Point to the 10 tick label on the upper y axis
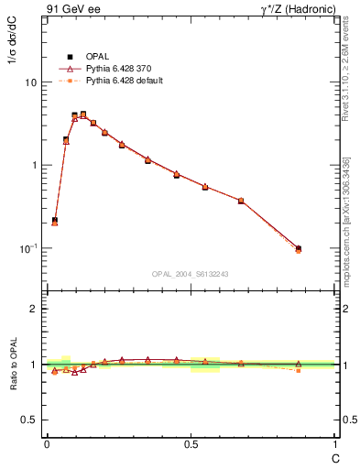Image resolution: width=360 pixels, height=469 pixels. (31, 82)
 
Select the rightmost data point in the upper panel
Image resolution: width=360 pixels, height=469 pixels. (298, 248)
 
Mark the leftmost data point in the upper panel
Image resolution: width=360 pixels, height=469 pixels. (55, 221)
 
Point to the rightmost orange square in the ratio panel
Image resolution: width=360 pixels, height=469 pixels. (298, 370)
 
